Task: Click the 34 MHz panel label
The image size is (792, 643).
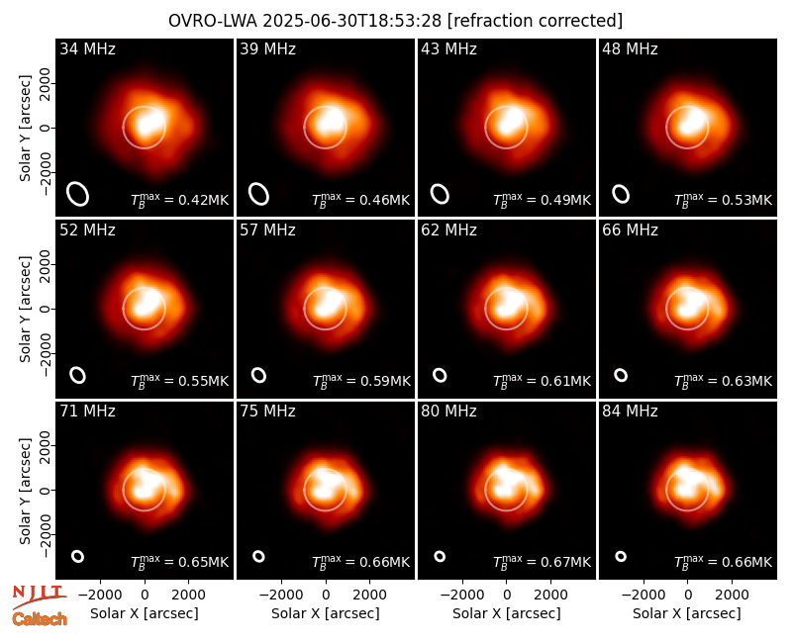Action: click(x=87, y=48)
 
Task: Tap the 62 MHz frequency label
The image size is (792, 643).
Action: click(x=449, y=230)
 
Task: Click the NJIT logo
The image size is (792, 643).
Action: click(x=39, y=596)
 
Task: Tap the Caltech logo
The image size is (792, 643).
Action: click(x=40, y=619)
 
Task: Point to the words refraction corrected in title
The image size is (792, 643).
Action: click(x=535, y=21)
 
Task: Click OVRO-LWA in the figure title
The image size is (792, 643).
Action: click(x=213, y=21)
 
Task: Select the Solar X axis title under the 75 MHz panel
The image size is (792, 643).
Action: click(x=326, y=613)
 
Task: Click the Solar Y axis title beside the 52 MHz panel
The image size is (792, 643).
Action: click(x=25, y=309)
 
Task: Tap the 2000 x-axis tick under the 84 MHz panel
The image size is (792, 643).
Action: click(x=732, y=596)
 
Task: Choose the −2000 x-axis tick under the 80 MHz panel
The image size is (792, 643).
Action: click(x=462, y=596)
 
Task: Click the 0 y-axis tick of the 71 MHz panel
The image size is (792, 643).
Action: click(x=45, y=490)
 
